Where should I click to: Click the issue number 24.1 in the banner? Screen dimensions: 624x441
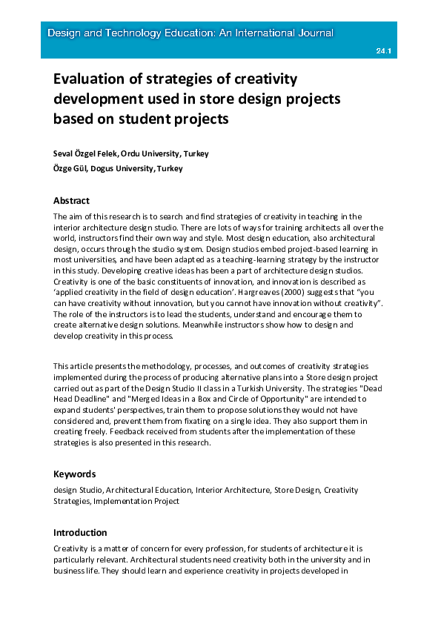click(x=383, y=51)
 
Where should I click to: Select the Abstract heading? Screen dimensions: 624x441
click(x=71, y=200)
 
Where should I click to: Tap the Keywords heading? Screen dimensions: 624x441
click(x=74, y=474)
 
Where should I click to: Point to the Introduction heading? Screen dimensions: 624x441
click(x=80, y=532)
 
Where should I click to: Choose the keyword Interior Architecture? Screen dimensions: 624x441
click(x=232, y=490)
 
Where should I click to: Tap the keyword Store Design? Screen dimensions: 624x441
click(x=296, y=490)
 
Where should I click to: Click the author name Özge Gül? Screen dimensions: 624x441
click(x=70, y=168)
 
